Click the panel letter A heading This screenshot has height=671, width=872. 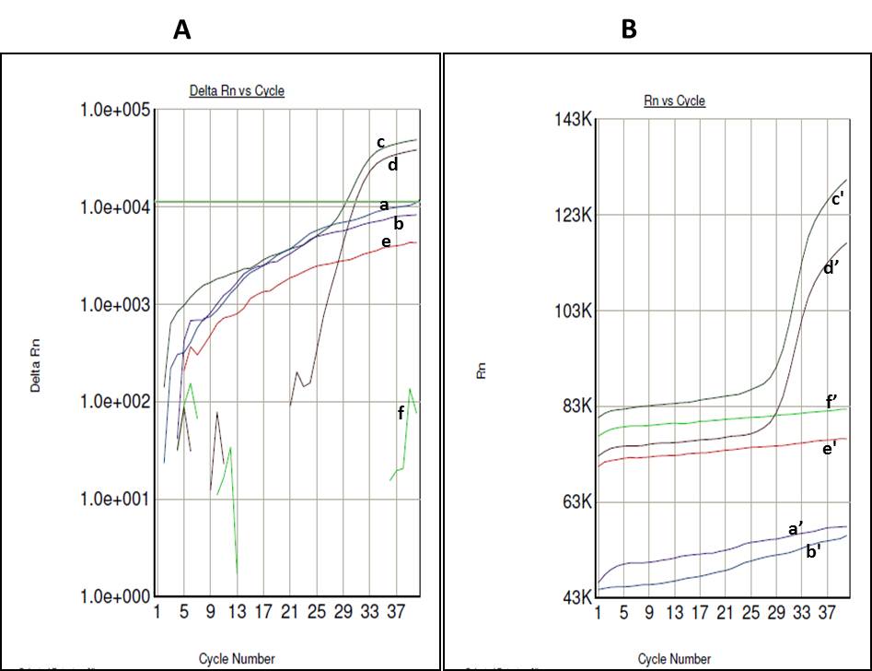[x=182, y=30]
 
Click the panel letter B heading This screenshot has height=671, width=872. [x=629, y=30]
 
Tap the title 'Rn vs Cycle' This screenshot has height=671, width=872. [x=675, y=100]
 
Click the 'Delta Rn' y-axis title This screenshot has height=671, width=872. [x=36, y=367]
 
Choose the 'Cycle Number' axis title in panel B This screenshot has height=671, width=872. [x=674, y=659]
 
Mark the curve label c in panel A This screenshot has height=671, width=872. [x=379, y=142]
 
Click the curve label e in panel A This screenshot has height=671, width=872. [x=386, y=241]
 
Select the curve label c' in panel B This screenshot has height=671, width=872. [x=839, y=198]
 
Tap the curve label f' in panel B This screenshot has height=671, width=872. [x=831, y=401]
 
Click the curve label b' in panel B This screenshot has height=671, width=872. [x=814, y=553]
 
